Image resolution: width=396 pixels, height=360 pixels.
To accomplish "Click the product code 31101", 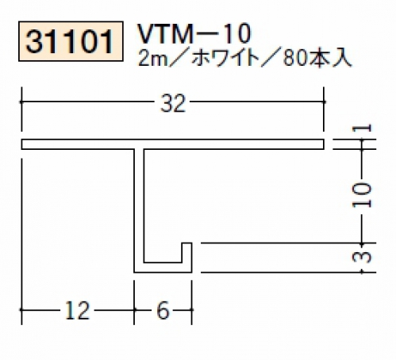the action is [x=71, y=41].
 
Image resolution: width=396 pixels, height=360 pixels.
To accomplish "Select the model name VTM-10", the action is [x=194, y=33].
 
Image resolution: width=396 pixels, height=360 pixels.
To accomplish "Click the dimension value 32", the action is [x=173, y=103].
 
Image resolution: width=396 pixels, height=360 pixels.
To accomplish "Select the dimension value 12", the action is [x=78, y=310].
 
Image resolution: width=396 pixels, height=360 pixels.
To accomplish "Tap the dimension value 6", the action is [x=163, y=310].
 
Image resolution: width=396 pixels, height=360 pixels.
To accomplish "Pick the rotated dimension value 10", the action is [x=362, y=195].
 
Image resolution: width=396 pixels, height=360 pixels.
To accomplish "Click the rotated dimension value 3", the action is [x=362, y=257].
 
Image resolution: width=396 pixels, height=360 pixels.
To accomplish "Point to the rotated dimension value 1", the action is [x=362, y=128].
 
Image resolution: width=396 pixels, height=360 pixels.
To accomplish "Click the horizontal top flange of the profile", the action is [x=173, y=144].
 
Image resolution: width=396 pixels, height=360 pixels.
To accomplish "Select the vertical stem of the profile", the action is [x=139, y=206].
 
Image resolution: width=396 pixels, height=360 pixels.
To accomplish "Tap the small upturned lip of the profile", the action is [x=186, y=252].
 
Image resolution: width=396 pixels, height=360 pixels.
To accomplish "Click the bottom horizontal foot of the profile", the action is [x=163, y=267].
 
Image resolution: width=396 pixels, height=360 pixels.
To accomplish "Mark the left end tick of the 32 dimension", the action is [x=21, y=101].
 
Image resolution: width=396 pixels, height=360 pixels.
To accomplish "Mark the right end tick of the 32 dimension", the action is [x=324, y=101].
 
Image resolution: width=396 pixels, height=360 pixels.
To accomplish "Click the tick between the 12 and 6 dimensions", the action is [x=134, y=309].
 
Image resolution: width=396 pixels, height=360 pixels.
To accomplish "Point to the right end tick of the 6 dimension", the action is [x=191, y=309].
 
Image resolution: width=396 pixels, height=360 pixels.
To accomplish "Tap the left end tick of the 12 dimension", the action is [x=21, y=309].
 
